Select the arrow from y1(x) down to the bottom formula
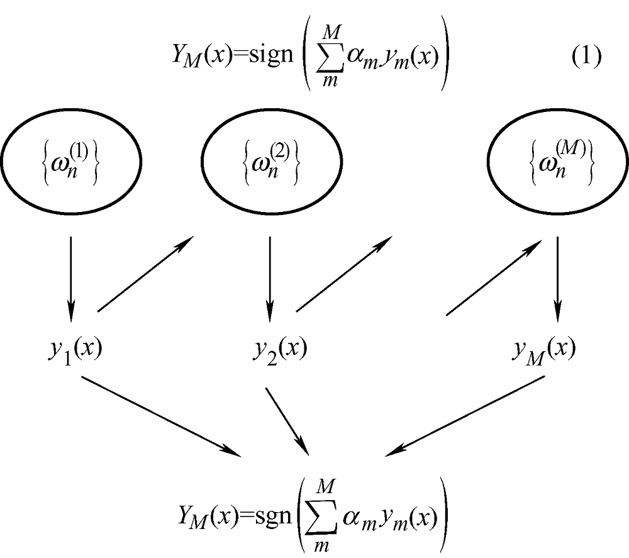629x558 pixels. (162, 415)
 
